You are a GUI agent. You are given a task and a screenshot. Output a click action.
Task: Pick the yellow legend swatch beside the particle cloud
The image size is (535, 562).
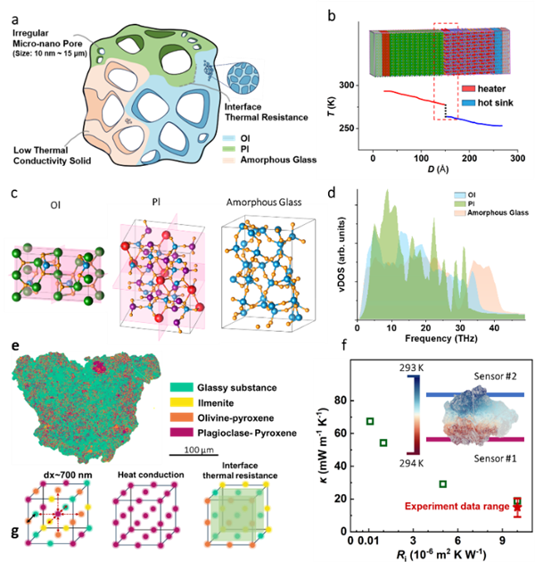tap(182, 402)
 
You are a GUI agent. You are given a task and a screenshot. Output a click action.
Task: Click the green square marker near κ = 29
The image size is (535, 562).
tap(443, 483)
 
